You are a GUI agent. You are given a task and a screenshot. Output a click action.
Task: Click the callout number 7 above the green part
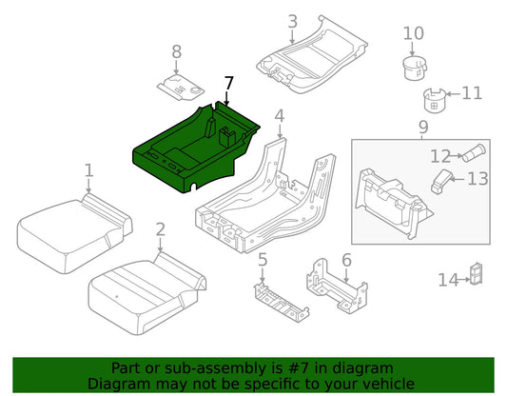228,83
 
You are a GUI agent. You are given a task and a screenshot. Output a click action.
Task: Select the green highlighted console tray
194,148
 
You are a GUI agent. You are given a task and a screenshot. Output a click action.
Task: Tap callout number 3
292,22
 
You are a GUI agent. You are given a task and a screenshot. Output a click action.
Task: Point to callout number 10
414,33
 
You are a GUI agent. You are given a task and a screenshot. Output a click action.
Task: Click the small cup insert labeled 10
415,68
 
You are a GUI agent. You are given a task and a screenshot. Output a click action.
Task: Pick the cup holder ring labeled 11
435,100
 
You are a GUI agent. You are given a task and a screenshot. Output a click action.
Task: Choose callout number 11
472,93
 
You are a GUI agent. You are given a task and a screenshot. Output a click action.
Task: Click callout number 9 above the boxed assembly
423,127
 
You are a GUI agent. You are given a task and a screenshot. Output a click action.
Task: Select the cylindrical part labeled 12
474,153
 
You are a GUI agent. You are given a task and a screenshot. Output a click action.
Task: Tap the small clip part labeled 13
441,181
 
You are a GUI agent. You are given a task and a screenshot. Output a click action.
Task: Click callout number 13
478,179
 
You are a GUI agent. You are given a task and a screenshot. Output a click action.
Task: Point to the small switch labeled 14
477,274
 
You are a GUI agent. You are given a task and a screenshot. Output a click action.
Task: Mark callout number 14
448,280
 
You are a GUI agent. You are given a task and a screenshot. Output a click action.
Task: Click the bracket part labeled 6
337,287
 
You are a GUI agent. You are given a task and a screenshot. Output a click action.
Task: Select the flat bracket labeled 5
281,302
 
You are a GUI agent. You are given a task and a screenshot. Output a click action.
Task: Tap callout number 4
280,116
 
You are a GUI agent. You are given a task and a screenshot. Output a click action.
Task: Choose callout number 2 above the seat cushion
161,229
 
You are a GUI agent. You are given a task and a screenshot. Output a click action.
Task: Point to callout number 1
88,170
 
